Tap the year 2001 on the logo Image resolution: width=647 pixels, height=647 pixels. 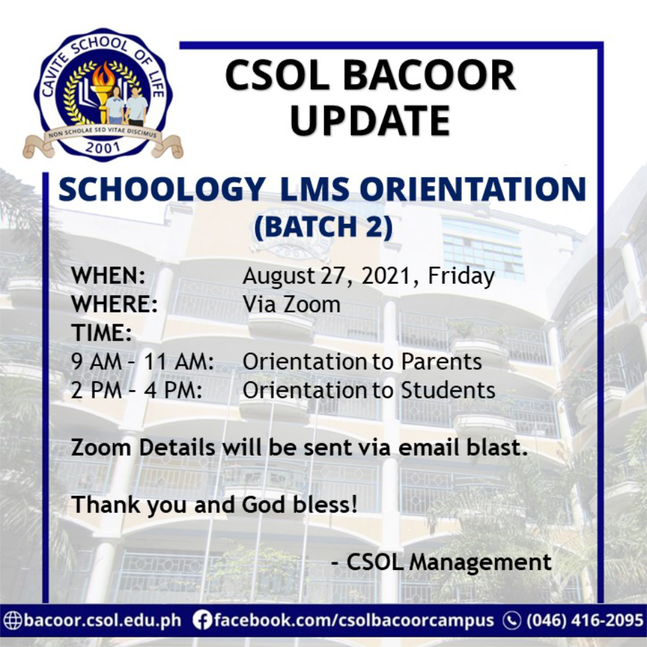[x=103, y=147]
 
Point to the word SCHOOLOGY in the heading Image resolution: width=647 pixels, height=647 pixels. [x=162, y=190]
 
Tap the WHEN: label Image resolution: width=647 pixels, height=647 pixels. [x=109, y=277]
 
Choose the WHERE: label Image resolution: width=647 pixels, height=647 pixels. [x=115, y=304]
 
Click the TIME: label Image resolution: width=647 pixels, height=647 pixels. [x=102, y=333]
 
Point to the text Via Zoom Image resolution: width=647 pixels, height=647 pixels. [x=292, y=304]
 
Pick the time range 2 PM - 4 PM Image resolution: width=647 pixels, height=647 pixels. [x=137, y=390]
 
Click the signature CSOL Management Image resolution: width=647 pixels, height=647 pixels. [x=449, y=562]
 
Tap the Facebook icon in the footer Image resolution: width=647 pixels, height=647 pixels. [x=202, y=620]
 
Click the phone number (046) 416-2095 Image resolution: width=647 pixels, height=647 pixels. [x=584, y=620]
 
